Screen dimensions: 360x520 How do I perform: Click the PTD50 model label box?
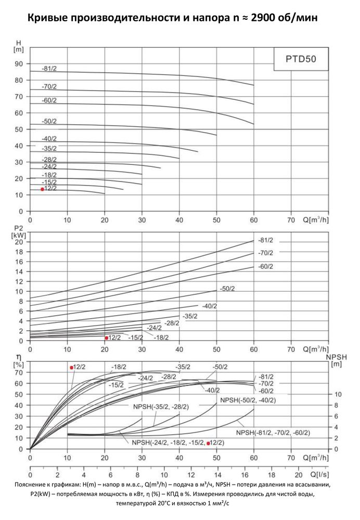pos(301,59)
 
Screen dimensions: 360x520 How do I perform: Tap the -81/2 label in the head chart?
pos(49,69)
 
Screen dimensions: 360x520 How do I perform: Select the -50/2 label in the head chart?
pos(49,121)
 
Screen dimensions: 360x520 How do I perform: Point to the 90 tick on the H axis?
pos(19,63)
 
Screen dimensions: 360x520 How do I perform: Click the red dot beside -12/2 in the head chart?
pos(43,189)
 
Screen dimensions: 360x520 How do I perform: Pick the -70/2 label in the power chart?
pos(266,253)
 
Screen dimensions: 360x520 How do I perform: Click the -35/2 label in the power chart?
pos(190,316)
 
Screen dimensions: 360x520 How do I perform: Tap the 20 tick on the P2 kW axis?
pos(20,242)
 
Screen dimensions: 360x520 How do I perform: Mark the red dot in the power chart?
pos(107,338)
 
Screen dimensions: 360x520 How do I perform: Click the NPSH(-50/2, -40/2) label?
pos(248,400)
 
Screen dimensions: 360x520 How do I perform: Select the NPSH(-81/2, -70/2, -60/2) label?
pos(273,433)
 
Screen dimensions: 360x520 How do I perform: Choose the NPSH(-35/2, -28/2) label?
pos(161,407)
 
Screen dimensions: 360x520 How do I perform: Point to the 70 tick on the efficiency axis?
pos(19,372)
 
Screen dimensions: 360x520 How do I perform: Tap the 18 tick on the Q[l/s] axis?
pos(272,475)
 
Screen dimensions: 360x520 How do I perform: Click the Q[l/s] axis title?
pos(319,475)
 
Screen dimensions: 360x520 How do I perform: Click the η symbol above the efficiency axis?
pos(19,358)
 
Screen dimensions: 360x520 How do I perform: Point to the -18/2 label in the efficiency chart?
pos(119,367)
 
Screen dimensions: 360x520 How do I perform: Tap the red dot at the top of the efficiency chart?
pos(72,368)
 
